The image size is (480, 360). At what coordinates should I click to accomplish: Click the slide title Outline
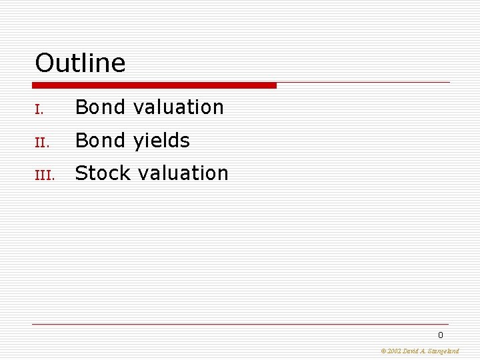click(x=80, y=63)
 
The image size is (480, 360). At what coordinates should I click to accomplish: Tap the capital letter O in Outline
click(x=44, y=63)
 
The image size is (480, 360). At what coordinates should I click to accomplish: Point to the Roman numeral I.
click(x=39, y=109)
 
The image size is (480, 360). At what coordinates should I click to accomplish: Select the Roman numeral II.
click(x=41, y=142)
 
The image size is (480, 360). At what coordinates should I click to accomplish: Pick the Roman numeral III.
click(x=43, y=175)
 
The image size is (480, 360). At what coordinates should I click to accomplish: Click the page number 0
click(x=440, y=335)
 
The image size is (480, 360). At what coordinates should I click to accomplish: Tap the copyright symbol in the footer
click(x=383, y=351)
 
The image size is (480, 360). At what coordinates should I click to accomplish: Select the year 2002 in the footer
click(x=394, y=351)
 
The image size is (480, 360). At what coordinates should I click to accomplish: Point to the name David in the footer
click(x=411, y=351)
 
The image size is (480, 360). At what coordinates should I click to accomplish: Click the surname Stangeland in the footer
click(x=444, y=351)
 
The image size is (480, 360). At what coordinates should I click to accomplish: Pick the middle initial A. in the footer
click(x=425, y=351)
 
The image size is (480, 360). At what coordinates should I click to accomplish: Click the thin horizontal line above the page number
click(x=240, y=325)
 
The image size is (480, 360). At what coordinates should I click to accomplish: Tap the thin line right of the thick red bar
click(x=363, y=83)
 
